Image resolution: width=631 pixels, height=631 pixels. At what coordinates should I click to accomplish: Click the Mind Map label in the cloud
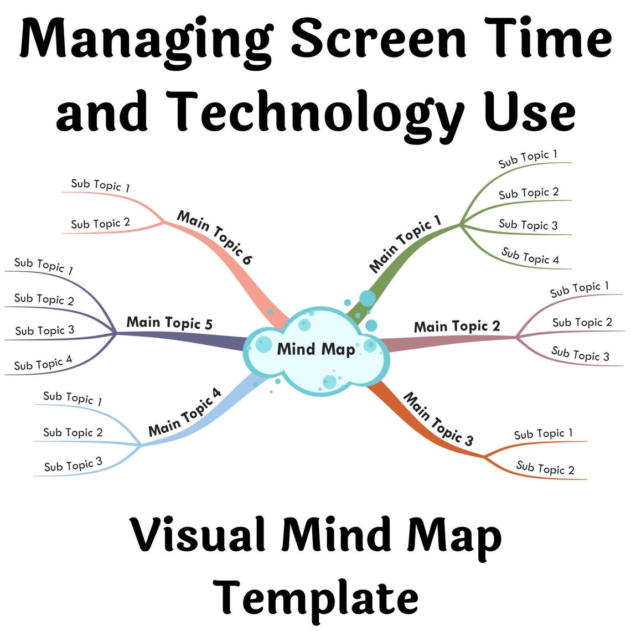(316, 349)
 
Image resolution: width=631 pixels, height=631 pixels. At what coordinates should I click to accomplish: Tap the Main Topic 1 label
(405, 244)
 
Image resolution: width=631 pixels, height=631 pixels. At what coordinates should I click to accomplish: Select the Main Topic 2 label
(457, 327)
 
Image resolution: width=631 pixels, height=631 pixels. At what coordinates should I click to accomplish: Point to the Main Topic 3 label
(438, 419)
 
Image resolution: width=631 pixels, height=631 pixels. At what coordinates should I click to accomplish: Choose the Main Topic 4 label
(185, 412)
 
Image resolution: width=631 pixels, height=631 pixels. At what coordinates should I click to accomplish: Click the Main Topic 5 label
(169, 323)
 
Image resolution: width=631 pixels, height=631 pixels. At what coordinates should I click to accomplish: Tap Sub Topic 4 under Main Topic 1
(530, 256)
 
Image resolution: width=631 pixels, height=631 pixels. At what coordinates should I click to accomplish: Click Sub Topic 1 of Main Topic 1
(527, 159)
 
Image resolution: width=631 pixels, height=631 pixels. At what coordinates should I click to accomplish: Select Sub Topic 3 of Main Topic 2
(580, 354)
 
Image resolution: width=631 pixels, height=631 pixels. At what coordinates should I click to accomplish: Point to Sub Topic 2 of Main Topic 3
(545, 468)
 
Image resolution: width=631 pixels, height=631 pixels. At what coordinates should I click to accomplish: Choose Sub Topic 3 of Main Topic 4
(73, 464)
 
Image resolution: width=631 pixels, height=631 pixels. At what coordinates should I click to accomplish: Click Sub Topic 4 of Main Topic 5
(43, 363)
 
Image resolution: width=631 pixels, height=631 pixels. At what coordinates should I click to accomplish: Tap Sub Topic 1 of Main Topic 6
(100, 185)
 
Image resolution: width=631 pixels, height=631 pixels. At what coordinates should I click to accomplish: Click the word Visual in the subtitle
(200, 535)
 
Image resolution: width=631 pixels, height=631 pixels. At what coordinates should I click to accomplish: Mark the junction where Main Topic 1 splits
(460, 224)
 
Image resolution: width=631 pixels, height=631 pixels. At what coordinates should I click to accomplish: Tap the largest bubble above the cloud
(367, 298)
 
